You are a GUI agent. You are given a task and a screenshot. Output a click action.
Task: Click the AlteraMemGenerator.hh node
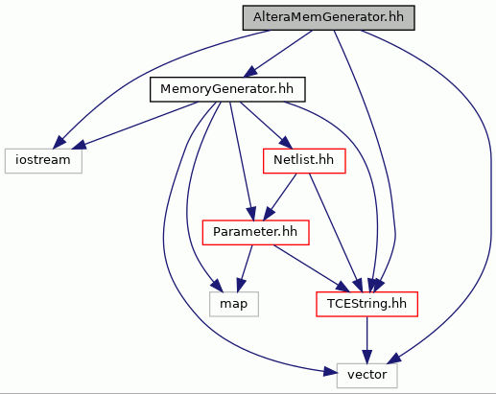[x=329, y=18]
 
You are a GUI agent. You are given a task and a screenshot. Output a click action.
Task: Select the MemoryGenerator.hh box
[x=227, y=89]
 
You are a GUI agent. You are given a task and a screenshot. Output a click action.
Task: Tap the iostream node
[x=43, y=161]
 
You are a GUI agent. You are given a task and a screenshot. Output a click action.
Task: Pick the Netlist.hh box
[x=304, y=161]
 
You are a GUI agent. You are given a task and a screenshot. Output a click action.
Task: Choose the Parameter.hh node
[x=255, y=232]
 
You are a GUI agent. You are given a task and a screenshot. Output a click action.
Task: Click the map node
[x=234, y=304]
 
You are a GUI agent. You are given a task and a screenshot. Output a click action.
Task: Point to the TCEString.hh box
[x=366, y=304]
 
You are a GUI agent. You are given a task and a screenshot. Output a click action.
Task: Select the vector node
[x=367, y=376]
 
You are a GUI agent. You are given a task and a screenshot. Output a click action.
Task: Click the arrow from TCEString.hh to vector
[x=367, y=340]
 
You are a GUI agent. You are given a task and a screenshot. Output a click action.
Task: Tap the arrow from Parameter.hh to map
[x=245, y=268]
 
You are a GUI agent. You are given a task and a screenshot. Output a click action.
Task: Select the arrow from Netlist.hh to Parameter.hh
[x=280, y=197]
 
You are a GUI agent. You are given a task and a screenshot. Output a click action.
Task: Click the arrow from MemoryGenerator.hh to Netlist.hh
[x=266, y=126]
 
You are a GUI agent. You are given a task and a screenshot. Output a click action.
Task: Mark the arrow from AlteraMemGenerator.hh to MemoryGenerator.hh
[x=277, y=54]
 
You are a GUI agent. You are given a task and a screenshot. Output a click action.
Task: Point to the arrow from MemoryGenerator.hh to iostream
[x=135, y=126]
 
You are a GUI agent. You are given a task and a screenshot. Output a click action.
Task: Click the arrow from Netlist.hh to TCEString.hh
[x=336, y=233]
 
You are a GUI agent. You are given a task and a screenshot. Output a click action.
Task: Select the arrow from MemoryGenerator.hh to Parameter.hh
[x=242, y=161]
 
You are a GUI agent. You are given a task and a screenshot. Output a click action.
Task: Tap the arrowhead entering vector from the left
[x=330, y=372]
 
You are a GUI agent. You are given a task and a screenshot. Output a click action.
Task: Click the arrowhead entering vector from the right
[x=394, y=359]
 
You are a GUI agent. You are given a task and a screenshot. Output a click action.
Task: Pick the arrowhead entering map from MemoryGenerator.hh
[x=216, y=286]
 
